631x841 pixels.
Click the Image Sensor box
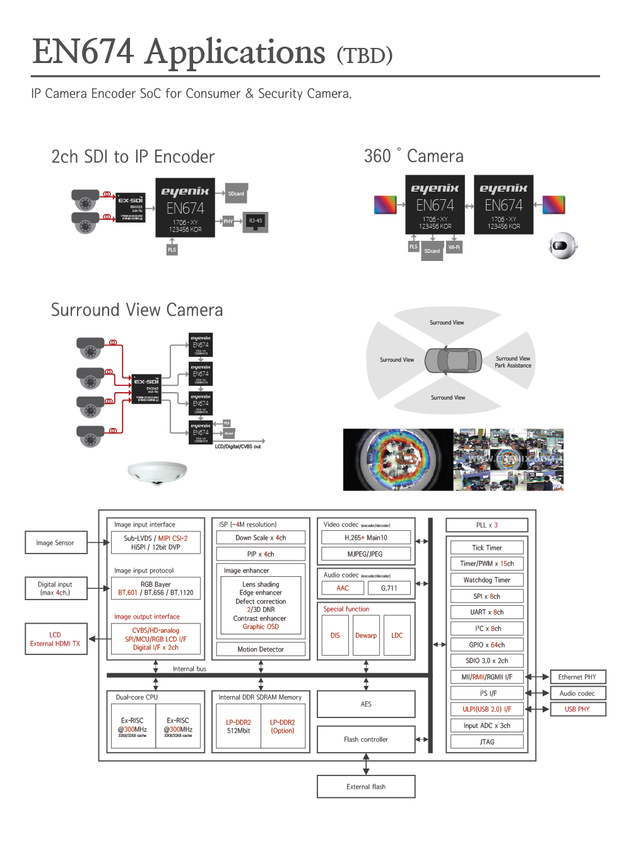[x=56, y=543]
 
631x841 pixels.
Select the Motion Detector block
[x=261, y=649]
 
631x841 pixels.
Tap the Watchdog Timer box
[x=487, y=580]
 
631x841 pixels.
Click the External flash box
[x=366, y=787]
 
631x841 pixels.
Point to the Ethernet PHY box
[x=577, y=677]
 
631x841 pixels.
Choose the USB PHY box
[x=577, y=709]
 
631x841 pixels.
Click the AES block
[x=366, y=704]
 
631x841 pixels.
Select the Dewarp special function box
[x=366, y=635]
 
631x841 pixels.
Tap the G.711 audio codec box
[x=389, y=588]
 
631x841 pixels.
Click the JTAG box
[x=487, y=742]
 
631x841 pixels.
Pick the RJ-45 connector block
[x=256, y=221]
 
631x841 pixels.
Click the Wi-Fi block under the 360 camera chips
[x=454, y=247]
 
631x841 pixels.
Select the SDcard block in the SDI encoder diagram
[x=236, y=194]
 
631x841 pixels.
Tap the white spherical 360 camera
[x=562, y=246]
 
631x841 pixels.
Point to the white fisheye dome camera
[x=157, y=472]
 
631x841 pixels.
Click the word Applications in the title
[x=235, y=53]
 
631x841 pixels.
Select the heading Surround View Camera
[x=137, y=310]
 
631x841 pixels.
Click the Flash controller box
[x=366, y=739]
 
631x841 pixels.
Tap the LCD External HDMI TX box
[x=56, y=639]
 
